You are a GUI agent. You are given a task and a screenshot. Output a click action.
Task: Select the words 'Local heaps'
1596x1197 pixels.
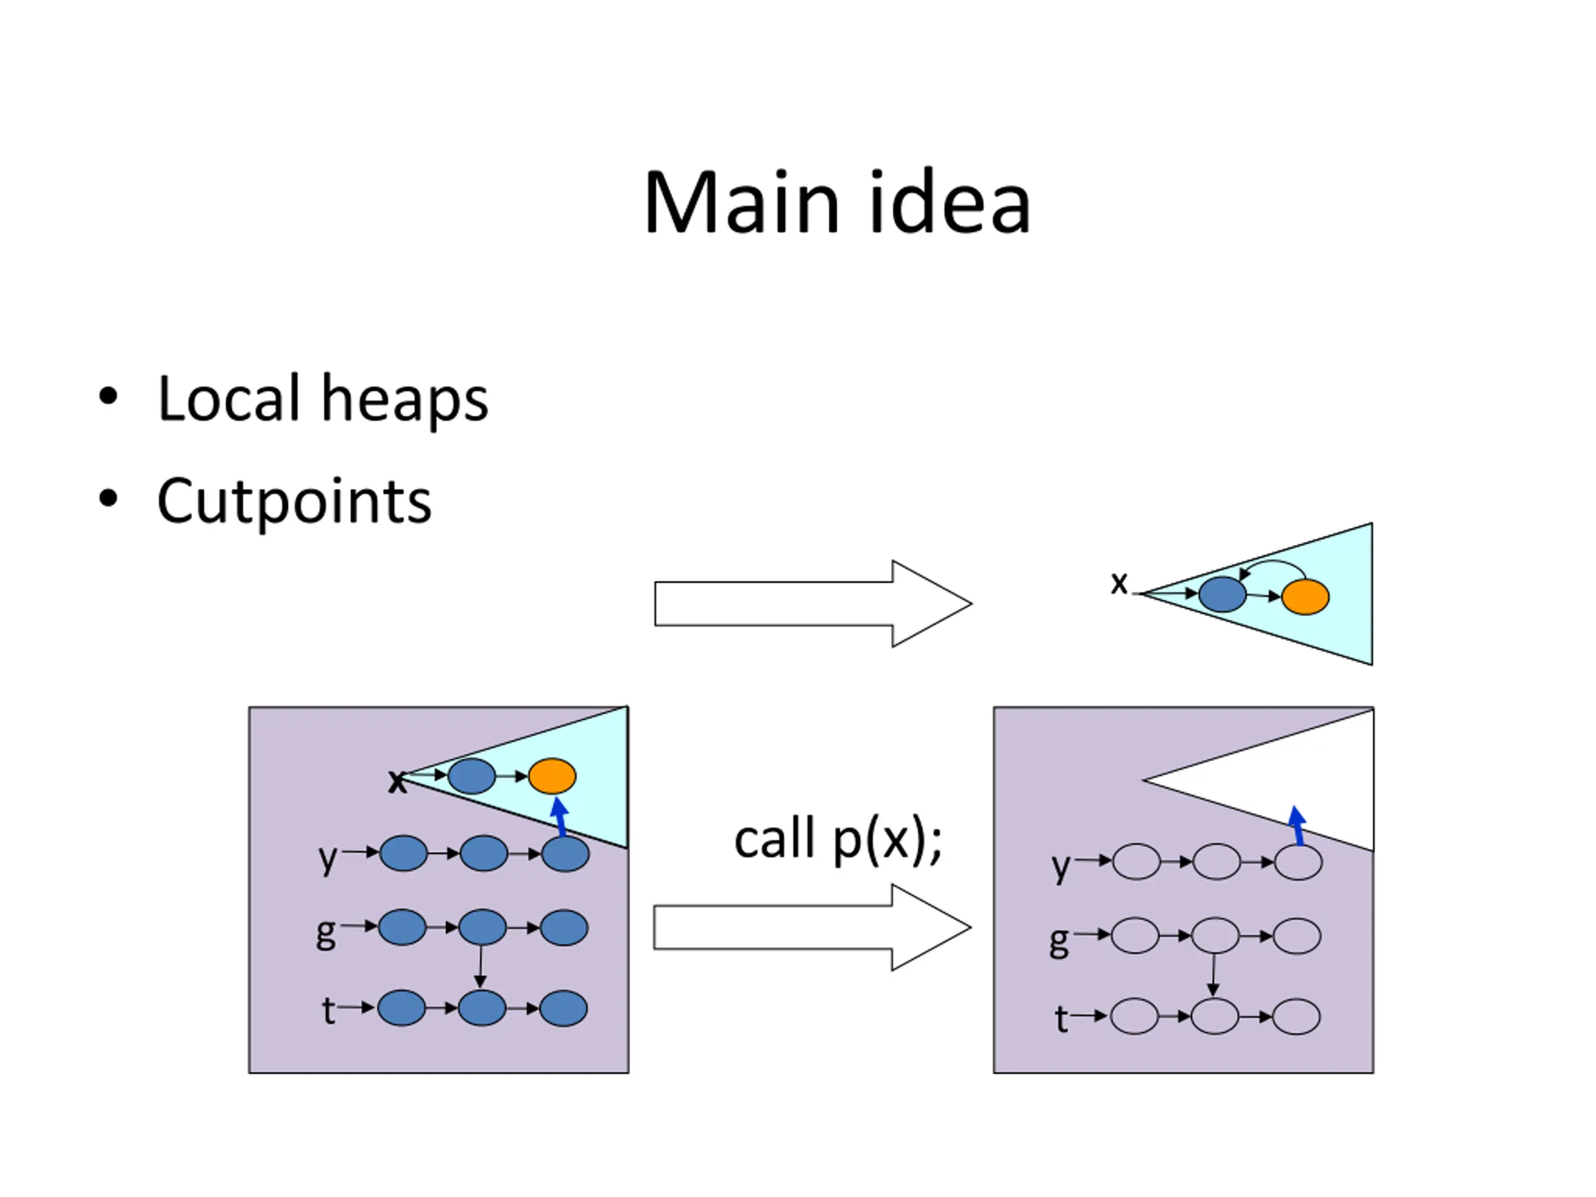tap(322, 398)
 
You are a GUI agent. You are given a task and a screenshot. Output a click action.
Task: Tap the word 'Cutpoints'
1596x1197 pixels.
tap(294, 501)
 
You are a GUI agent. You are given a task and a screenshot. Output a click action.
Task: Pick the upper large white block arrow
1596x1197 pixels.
tap(813, 603)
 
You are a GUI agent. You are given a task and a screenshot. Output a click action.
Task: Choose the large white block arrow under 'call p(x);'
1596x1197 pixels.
tap(812, 927)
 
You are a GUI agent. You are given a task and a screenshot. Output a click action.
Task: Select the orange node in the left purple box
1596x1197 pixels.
tap(552, 776)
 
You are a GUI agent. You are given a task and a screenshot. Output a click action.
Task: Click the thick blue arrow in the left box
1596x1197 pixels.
tap(559, 817)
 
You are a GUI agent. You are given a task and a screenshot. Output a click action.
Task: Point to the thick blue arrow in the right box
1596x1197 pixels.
tap(1297, 825)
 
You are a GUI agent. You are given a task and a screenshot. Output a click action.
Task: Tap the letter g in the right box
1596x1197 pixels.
tap(1059, 941)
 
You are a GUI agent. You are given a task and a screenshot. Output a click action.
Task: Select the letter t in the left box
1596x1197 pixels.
tap(329, 1010)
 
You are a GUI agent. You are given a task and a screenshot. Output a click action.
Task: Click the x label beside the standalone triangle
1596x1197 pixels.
tap(1119, 582)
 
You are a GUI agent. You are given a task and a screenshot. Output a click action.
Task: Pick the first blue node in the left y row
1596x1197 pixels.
tap(403, 853)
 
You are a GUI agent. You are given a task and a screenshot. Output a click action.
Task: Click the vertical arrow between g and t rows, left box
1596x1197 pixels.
tap(481, 967)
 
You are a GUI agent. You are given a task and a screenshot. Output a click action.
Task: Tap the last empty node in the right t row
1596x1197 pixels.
tap(1297, 1017)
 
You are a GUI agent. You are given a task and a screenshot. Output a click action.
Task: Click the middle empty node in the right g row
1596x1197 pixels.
tap(1216, 936)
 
